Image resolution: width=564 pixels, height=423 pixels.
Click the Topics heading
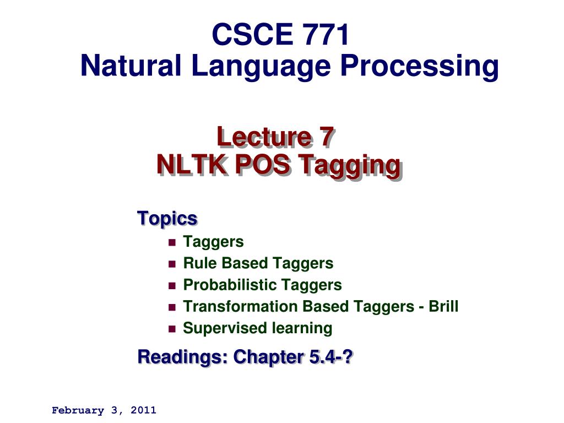(x=167, y=218)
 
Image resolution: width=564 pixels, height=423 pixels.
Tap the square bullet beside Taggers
(x=171, y=242)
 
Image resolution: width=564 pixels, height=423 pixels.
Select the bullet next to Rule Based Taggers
(x=171, y=264)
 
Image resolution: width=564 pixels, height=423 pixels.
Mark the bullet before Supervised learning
(x=171, y=329)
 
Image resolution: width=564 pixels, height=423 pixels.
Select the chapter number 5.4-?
(x=331, y=357)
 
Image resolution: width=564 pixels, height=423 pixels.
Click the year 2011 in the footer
(x=144, y=410)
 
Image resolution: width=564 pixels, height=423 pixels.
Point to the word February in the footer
(x=74, y=410)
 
